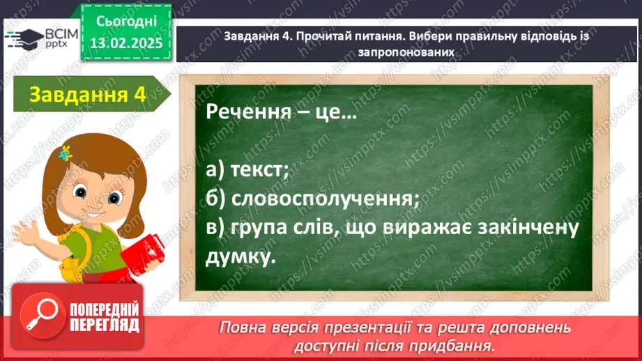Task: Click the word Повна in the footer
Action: [245, 327]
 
